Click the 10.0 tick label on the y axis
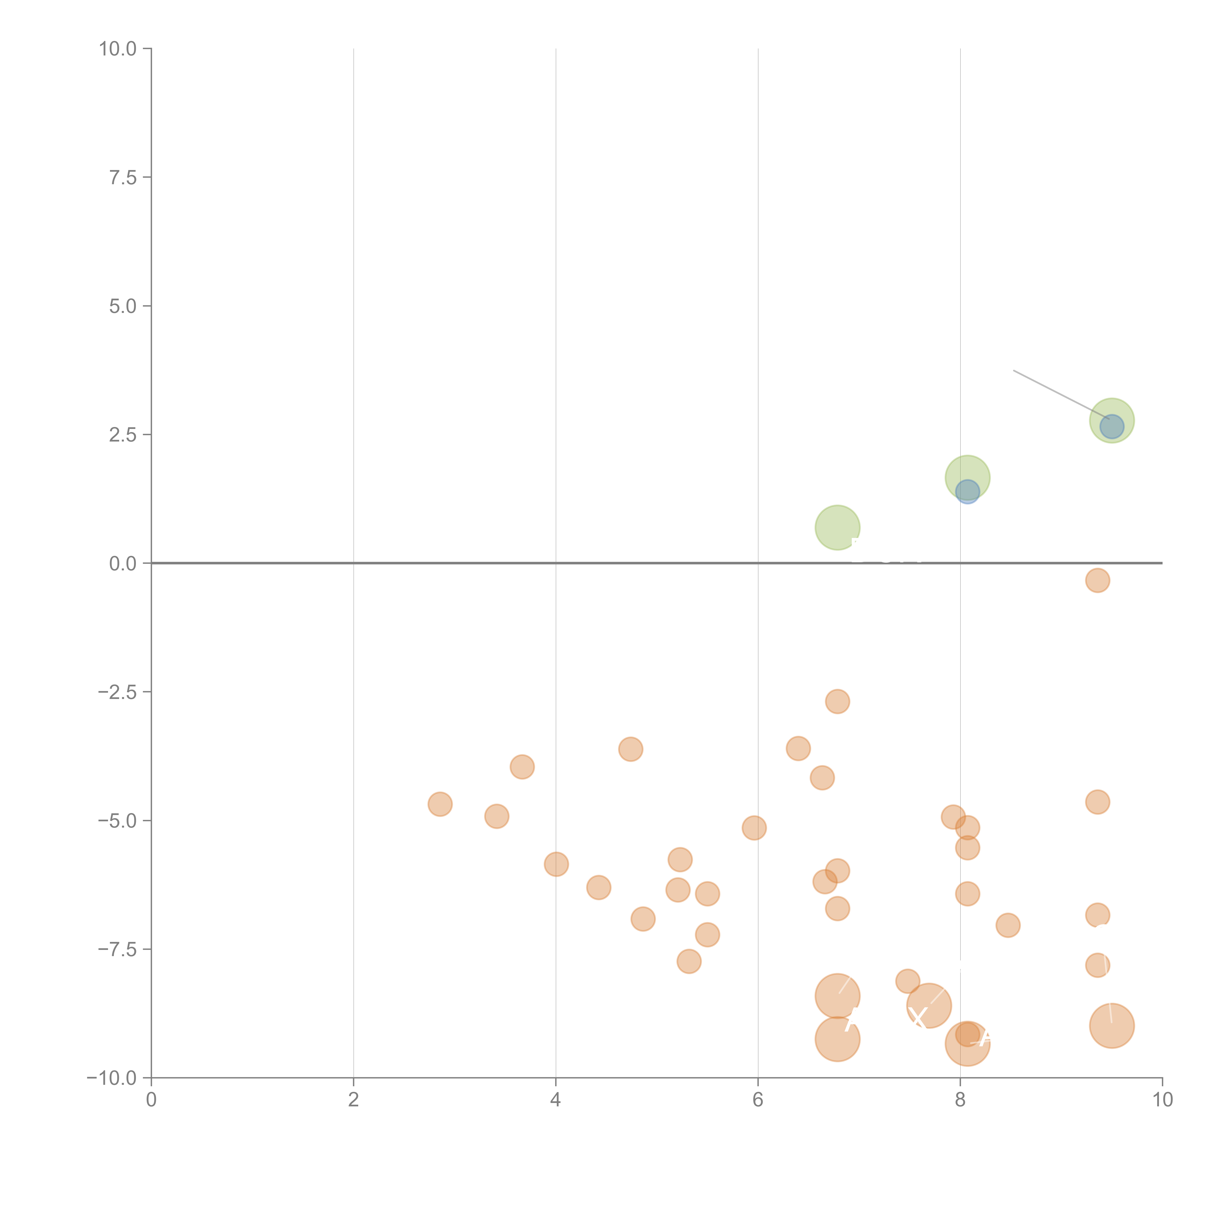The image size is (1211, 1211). coord(118,49)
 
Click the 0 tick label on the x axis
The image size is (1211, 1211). coord(151,1100)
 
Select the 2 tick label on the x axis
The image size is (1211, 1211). coord(354,1100)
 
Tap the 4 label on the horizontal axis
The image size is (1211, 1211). coord(555,1100)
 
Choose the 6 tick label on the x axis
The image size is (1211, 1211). coord(758,1100)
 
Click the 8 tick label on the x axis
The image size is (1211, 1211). coord(960,1100)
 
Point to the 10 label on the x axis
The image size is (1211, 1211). coord(1162,1100)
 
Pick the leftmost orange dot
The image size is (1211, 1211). coord(440,804)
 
